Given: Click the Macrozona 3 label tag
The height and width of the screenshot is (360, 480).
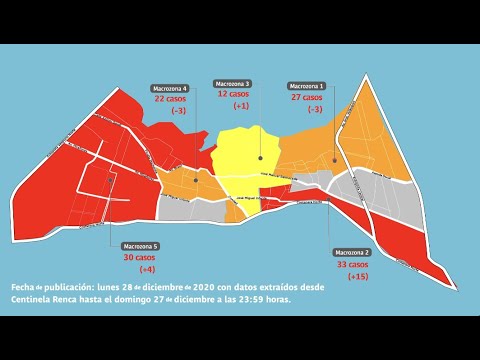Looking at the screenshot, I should point(232,83).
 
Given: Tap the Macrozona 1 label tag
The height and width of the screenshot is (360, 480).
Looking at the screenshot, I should point(306,86).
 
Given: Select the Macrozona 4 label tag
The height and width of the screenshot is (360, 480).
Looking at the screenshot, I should point(170,88).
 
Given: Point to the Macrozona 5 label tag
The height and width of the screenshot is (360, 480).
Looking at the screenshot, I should point(140,246).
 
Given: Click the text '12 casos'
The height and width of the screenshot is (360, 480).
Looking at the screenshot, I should point(232,94).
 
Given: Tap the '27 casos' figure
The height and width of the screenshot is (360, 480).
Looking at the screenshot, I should point(306,98).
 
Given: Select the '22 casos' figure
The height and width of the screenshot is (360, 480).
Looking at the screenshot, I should point(170,99).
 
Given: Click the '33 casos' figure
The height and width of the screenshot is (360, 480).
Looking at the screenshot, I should point(352,264).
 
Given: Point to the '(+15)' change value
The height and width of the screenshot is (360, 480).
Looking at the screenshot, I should point(358,276).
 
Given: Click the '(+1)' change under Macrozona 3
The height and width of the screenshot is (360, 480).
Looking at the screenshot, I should point(240,106).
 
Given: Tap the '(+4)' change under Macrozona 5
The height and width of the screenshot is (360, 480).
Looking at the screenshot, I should point(147,270).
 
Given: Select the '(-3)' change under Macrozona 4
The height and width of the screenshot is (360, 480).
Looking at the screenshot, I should point(178,111).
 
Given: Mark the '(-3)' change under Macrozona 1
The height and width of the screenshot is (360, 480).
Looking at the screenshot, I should point(314,109).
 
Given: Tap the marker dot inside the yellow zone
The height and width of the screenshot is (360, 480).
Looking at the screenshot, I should point(259,158).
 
